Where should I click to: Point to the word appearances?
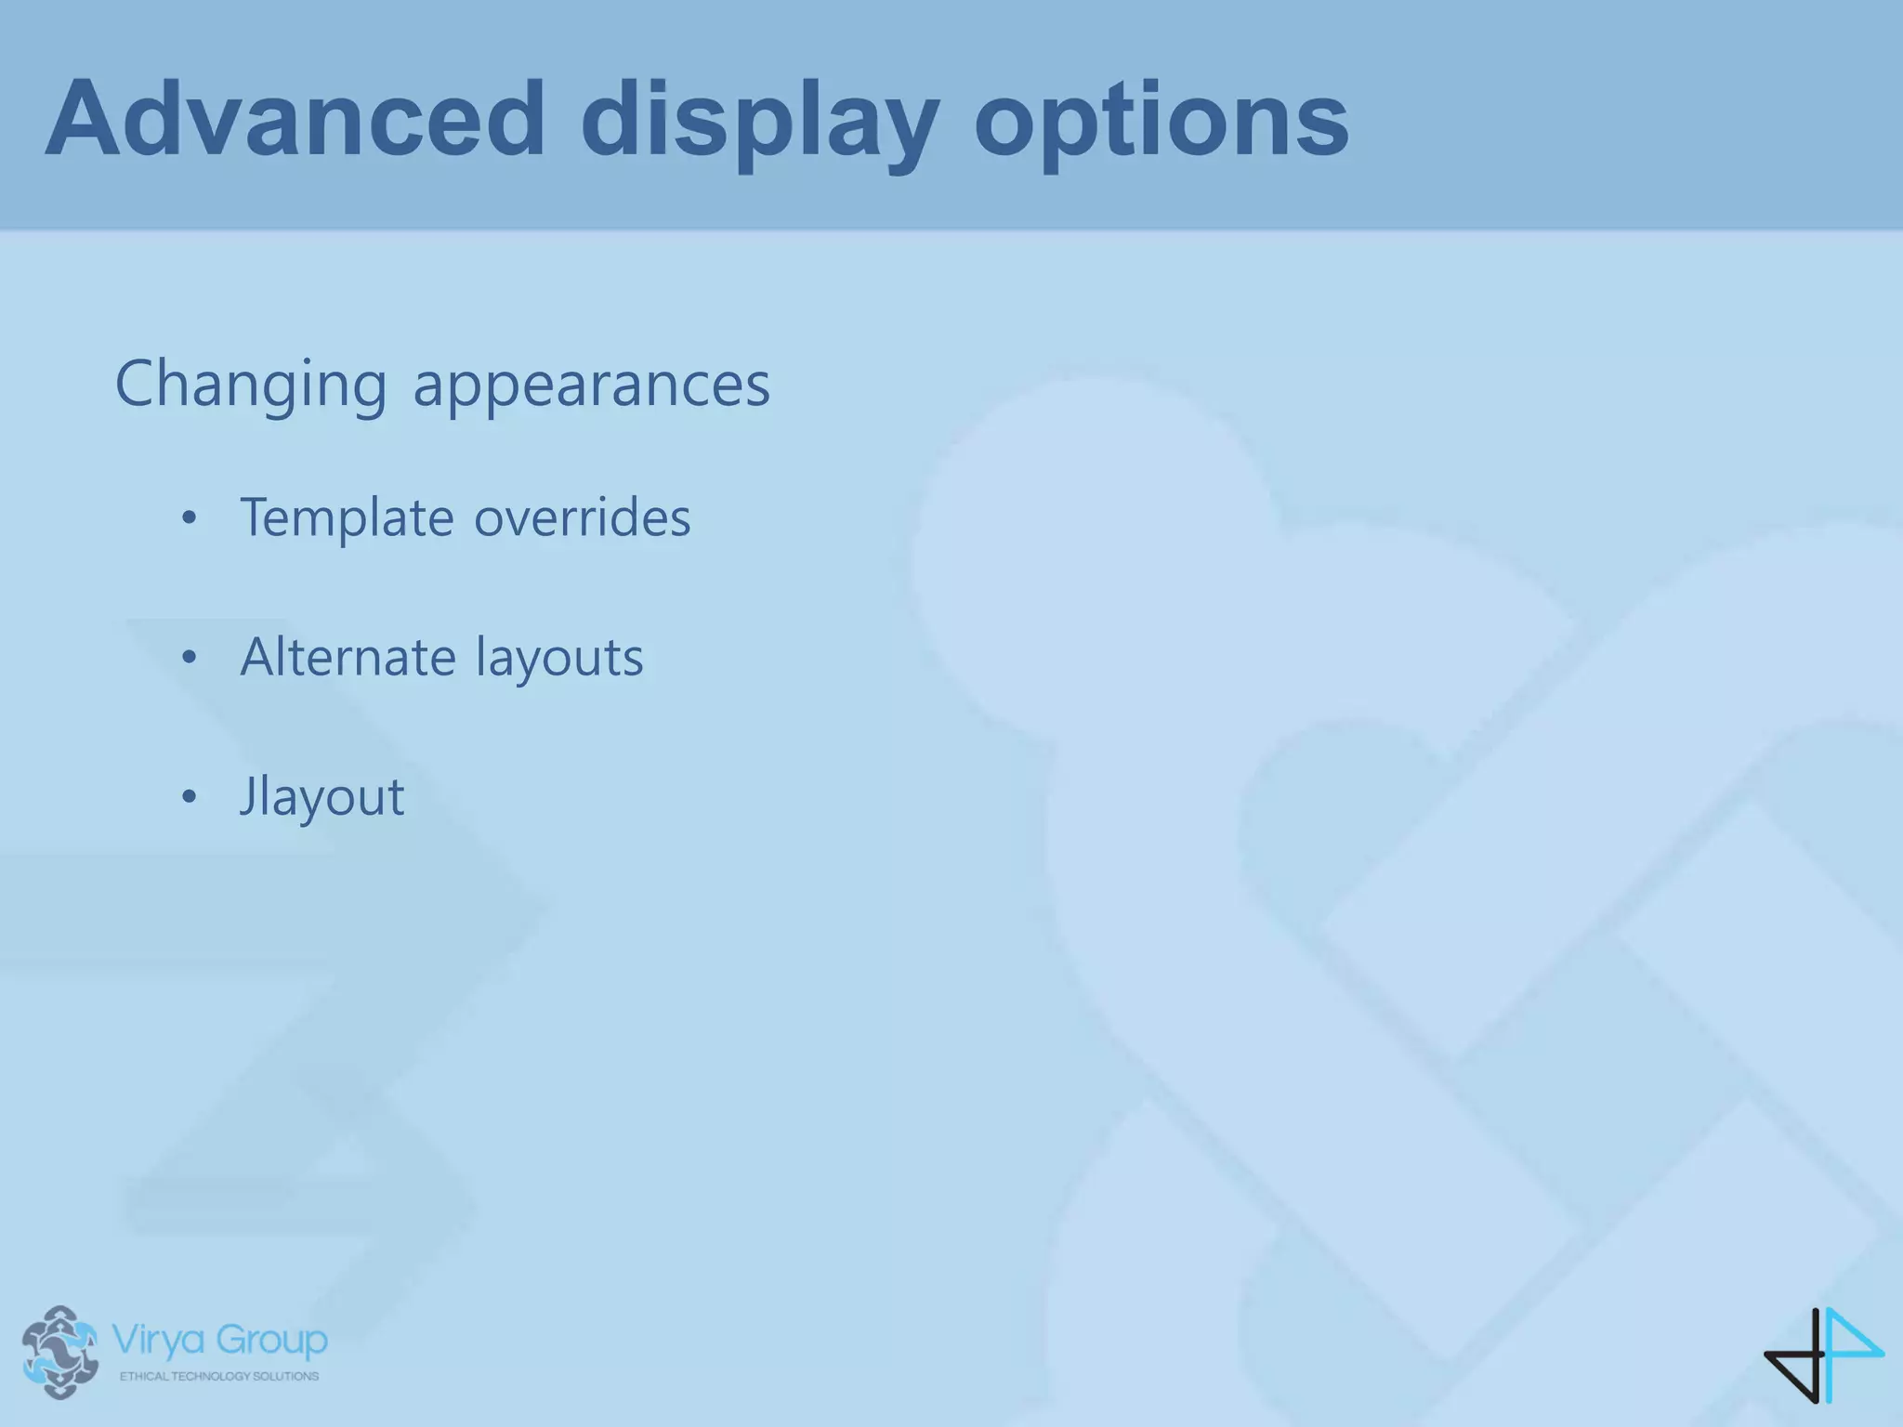[x=591, y=385]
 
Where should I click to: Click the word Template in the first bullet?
[x=347, y=517]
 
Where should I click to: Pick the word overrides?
[x=583, y=517]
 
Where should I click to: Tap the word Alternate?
[x=348, y=657]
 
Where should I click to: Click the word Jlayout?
[x=322, y=797]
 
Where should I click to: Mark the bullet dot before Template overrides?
[x=190, y=518]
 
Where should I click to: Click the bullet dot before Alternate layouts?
[x=190, y=658]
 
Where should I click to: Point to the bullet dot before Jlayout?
[x=190, y=797]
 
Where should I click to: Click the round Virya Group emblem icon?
[x=60, y=1352]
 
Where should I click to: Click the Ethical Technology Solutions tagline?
[x=219, y=1376]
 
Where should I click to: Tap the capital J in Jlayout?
[x=248, y=797]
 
